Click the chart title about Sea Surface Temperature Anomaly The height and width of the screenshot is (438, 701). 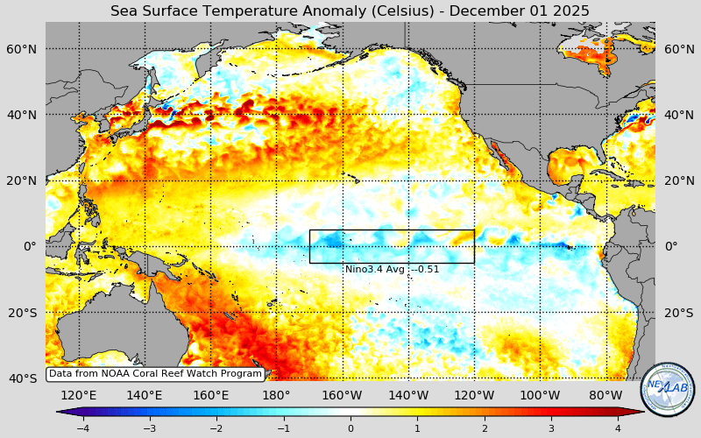click(350, 11)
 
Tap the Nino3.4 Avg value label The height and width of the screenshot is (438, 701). click(392, 269)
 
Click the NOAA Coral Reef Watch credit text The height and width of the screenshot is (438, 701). click(154, 373)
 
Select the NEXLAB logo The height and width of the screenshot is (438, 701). click(667, 389)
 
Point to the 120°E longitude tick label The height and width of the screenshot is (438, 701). click(79, 395)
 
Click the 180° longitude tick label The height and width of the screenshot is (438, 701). click(276, 395)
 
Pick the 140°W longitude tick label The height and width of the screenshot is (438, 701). click(408, 395)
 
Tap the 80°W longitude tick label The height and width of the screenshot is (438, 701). click(605, 395)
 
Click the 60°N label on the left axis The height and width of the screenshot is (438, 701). click(23, 49)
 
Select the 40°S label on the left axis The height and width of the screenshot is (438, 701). click(23, 378)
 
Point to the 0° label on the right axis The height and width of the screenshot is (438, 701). click(671, 246)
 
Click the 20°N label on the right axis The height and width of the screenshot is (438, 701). click(679, 180)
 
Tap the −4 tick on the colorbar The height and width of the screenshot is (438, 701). click(82, 428)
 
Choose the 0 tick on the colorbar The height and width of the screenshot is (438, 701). click(350, 428)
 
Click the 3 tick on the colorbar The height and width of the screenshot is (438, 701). click(551, 428)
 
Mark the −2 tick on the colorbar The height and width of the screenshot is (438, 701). click(216, 428)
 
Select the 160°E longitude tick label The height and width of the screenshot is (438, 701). click(210, 395)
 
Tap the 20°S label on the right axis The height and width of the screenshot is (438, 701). click(679, 313)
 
